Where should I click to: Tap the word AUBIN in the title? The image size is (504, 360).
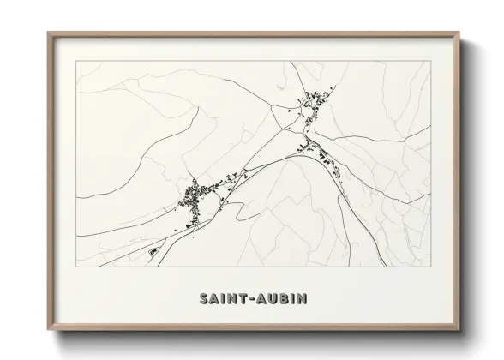(284, 299)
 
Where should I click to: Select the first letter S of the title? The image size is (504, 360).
(203, 299)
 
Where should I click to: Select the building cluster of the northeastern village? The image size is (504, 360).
(314, 105)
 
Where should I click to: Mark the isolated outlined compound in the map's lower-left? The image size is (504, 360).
(154, 252)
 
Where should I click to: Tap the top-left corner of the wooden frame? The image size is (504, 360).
(49, 33)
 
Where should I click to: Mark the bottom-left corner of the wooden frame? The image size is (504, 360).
(49, 330)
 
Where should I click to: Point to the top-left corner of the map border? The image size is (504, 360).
(76, 61)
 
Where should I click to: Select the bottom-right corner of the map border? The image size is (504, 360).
(430, 266)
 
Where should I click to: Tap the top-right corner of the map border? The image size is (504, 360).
(430, 61)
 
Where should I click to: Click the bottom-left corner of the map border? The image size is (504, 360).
(76, 266)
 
